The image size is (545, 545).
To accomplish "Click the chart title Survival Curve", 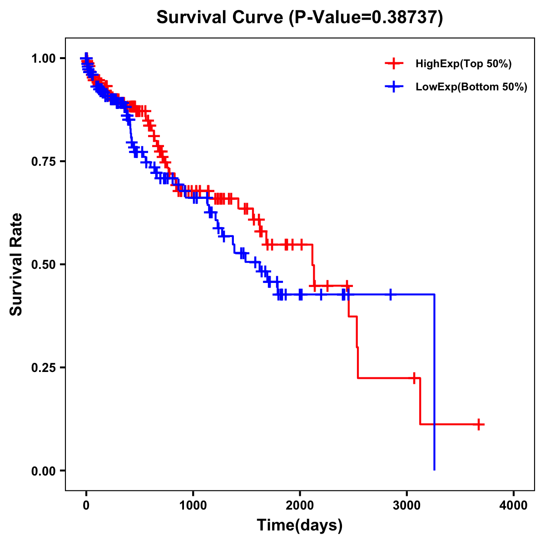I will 220,17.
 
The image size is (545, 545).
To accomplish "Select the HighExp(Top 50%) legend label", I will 464,64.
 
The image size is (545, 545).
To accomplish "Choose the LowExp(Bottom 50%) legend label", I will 471,87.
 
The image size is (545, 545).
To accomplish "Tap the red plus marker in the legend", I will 394,64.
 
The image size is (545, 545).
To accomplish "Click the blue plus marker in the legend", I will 394,86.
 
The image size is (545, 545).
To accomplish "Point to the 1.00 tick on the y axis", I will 45,58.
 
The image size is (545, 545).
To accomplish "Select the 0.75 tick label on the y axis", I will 45,161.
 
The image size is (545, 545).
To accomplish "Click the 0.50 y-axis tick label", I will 45,264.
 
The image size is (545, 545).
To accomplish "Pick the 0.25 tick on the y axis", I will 45,367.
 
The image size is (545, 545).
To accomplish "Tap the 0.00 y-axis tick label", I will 45,471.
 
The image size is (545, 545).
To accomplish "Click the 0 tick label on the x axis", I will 86,505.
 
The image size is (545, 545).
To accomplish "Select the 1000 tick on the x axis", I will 193,505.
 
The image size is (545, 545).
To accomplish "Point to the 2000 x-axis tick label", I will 300,505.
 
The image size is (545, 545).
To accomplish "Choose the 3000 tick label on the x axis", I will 407,505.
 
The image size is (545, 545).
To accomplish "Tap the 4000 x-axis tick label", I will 514,505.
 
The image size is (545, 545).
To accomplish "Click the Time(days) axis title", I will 300,525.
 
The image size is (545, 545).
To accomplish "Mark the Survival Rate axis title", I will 16,264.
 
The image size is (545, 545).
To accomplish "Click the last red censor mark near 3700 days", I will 478,424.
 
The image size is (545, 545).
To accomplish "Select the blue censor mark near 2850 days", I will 390,295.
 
